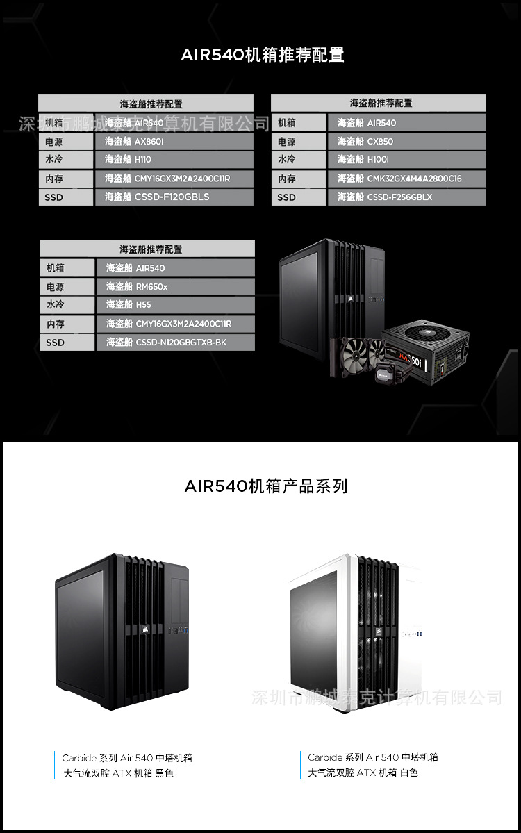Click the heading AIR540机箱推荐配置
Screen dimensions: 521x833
(x=263, y=56)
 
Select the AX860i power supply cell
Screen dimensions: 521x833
(x=174, y=142)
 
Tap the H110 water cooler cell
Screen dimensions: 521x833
(x=174, y=160)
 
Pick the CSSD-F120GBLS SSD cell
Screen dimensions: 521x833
(x=174, y=197)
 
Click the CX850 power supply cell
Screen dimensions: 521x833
(x=406, y=142)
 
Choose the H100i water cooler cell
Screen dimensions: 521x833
(x=406, y=160)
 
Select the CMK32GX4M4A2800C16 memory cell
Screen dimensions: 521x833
(x=406, y=179)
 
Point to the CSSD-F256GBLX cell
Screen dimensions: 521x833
(x=406, y=197)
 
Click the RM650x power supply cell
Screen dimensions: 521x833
(x=175, y=287)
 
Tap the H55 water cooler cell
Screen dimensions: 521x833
(x=175, y=305)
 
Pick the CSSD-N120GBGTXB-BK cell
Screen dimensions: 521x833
(x=175, y=343)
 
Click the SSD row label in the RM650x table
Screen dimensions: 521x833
(x=67, y=343)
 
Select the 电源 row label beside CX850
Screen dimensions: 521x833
(x=299, y=142)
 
